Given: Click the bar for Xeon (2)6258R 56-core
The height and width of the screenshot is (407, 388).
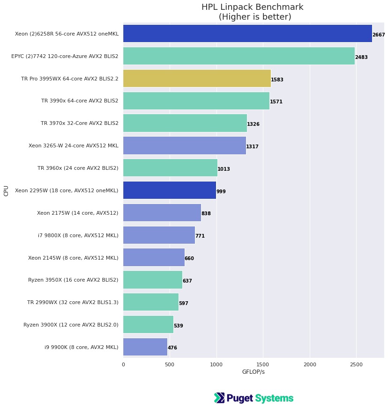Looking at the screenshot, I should pos(247,34).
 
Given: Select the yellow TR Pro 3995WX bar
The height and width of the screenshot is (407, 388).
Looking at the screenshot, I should pos(197,79).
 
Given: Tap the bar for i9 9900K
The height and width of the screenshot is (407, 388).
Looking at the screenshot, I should pos(145,347).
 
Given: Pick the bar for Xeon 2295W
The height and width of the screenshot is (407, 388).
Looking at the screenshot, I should pos(169,190).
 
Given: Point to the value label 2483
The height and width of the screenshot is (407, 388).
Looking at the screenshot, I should pos(361,57).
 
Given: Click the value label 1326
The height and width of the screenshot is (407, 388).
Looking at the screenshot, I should pos(253,124).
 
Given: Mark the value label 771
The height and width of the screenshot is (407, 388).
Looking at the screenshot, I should pos(200,236).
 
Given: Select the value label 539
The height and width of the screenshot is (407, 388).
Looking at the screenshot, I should pos(179,326).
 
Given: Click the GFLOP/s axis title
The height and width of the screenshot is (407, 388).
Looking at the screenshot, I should pos(253,372).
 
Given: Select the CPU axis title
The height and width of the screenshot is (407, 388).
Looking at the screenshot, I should pos(6,190).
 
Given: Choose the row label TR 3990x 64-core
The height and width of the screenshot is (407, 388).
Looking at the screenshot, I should pos(80,101).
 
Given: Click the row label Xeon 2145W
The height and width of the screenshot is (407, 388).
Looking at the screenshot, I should pos(73,258).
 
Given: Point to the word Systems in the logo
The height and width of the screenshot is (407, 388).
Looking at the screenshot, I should pos(274,399).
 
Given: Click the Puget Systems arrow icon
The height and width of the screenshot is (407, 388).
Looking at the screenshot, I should pos(219,398).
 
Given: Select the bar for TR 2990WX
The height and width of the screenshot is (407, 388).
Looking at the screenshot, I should pos(150,302).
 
